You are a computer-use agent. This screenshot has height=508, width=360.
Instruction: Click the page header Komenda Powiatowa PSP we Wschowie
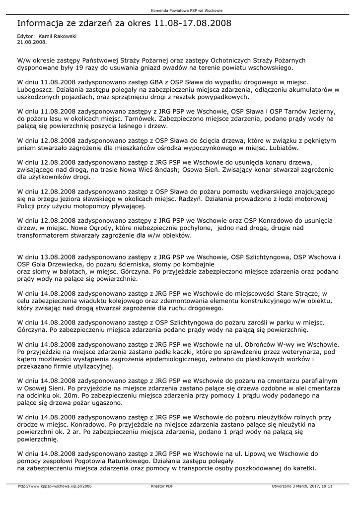[180, 10]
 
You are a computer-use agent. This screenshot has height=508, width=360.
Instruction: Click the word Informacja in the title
[42, 23]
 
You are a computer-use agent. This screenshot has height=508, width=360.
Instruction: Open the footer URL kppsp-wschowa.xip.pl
[55, 486]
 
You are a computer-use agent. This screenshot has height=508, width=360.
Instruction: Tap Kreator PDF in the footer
[162, 486]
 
